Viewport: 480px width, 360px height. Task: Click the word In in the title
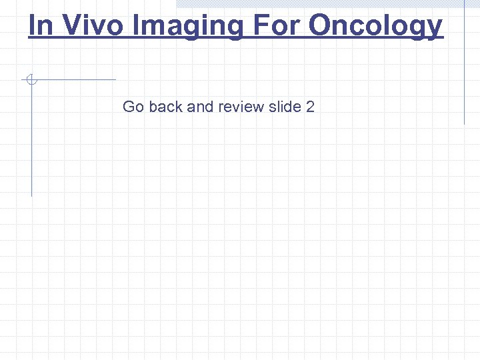(39, 25)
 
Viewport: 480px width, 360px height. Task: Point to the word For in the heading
(276, 25)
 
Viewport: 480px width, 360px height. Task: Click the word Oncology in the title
(376, 27)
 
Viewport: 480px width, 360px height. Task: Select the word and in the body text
(200, 107)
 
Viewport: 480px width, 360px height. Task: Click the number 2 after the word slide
(310, 107)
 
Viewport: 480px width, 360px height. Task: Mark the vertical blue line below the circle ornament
(31, 140)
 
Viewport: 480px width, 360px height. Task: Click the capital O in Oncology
(320, 25)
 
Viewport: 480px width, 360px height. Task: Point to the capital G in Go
(129, 107)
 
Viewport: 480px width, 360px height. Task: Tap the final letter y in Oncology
(435, 28)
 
